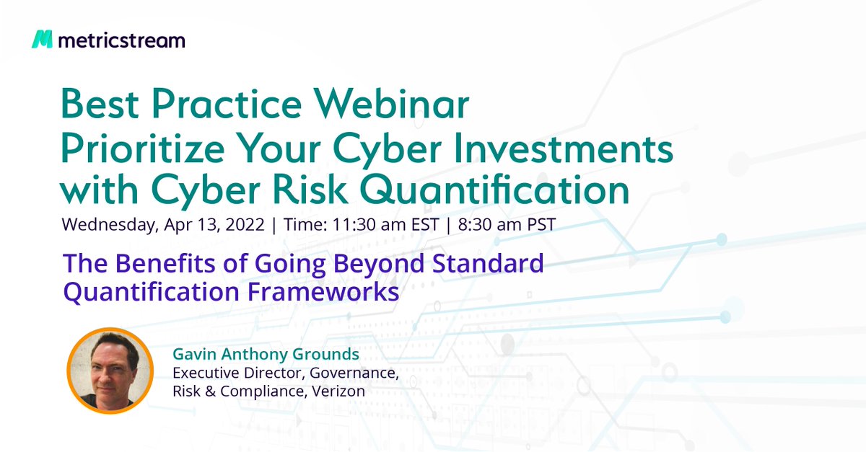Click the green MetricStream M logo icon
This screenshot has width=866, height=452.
pyautogui.click(x=42, y=40)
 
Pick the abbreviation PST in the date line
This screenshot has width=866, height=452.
pyautogui.click(x=539, y=224)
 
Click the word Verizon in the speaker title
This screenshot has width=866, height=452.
pyautogui.click(x=340, y=391)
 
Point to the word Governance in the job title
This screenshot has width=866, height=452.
pyautogui.click(x=351, y=373)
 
